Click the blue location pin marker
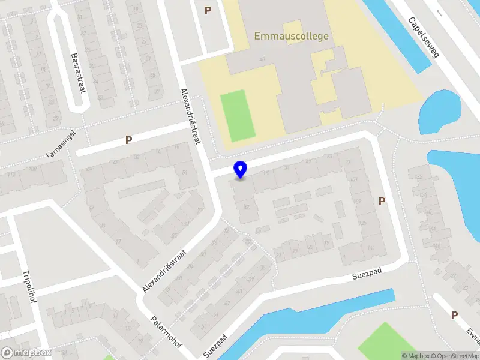[x=241, y=169]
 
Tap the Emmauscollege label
[x=292, y=36]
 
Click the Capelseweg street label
[x=424, y=37]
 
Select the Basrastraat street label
[x=77, y=72]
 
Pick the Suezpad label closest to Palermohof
[x=215, y=345]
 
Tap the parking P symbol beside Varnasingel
[x=128, y=140]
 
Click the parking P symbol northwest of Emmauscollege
[x=208, y=10]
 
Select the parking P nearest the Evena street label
[x=454, y=315]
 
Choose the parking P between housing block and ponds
[x=382, y=202]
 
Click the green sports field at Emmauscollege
[x=238, y=115]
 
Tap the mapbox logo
[x=26, y=353]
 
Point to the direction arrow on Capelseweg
[x=439, y=13]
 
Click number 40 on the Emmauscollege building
[x=262, y=59]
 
